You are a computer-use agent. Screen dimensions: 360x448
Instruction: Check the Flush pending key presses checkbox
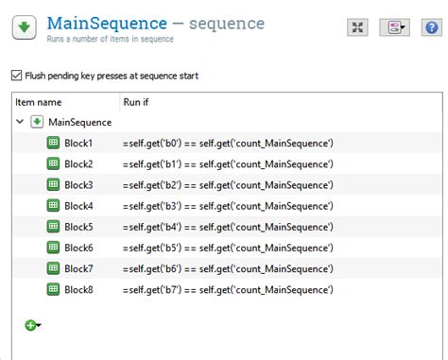point(15,76)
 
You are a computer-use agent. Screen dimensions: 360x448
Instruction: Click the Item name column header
point(39,101)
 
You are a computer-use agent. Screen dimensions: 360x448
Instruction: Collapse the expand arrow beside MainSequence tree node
point(21,122)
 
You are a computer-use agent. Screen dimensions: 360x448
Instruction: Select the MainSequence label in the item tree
point(80,122)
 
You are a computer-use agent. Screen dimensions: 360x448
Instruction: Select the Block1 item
point(78,143)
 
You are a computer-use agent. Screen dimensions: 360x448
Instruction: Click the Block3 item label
point(78,184)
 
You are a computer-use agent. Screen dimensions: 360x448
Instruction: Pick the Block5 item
point(78,227)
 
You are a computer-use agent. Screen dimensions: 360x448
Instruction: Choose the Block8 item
point(78,289)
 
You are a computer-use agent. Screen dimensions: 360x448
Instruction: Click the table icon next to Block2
point(53,163)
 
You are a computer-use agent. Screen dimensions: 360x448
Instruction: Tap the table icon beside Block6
point(53,248)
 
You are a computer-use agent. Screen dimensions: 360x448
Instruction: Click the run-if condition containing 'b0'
point(227,143)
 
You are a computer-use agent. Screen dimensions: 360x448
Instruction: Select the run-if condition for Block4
point(227,206)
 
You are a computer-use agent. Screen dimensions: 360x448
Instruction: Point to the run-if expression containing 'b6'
point(227,268)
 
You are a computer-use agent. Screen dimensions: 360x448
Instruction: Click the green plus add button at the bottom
point(30,325)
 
